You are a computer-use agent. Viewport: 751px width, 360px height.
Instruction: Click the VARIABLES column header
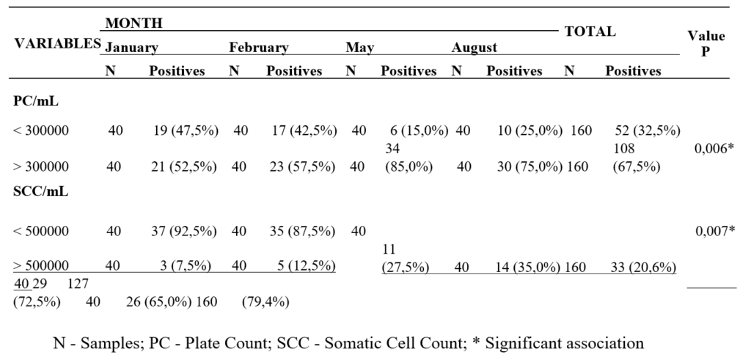[57, 43]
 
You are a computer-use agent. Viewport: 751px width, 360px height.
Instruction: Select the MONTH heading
[134, 23]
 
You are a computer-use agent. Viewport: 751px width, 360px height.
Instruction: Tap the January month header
[132, 48]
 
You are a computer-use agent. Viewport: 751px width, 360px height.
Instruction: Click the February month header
[259, 48]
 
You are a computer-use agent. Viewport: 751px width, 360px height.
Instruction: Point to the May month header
[359, 48]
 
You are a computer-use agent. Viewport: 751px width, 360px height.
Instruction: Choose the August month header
[475, 48]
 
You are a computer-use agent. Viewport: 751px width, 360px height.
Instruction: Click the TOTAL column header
[590, 32]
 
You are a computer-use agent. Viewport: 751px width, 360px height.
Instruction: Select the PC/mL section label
[36, 101]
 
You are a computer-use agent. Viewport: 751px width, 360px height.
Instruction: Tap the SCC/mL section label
[41, 191]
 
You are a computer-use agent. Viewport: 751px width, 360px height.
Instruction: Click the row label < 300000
[41, 131]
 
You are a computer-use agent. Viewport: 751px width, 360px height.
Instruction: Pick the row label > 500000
[41, 265]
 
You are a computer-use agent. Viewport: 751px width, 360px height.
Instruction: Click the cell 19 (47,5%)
[186, 131]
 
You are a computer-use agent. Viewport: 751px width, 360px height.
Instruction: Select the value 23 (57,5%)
[303, 167]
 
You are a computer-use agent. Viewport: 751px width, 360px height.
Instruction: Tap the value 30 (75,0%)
[530, 167]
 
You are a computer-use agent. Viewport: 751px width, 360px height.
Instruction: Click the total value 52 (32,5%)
[648, 131]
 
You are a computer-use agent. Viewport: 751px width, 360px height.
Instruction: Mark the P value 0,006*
[714, 149]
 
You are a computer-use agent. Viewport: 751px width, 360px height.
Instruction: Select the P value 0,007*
[714, 232]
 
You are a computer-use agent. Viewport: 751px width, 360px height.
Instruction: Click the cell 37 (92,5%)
[184, 232]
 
